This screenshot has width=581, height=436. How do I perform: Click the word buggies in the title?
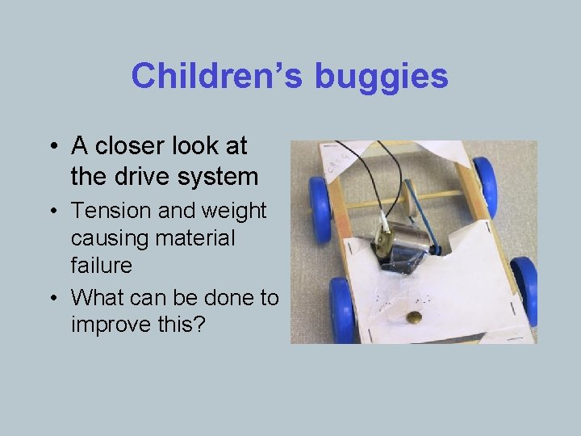click(x=381, y=77)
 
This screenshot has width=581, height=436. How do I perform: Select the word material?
click(x=194, y=238)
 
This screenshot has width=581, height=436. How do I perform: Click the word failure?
click(x=101, y=266)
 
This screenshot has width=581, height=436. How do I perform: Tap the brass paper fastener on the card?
click(x=414, y=317)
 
